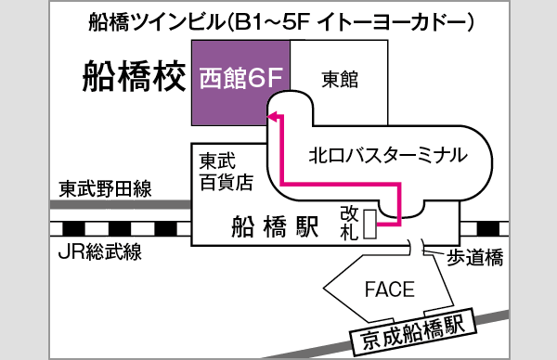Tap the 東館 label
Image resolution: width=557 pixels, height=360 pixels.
[x=339, y=78]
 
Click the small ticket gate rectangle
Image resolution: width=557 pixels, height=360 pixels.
[x=371, y=225]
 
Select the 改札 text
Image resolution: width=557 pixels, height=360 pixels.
[x=348, y=223]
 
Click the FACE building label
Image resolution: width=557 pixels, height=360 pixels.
[x=388, y=289]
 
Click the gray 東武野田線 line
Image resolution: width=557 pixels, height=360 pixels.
[x=121, y=205]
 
